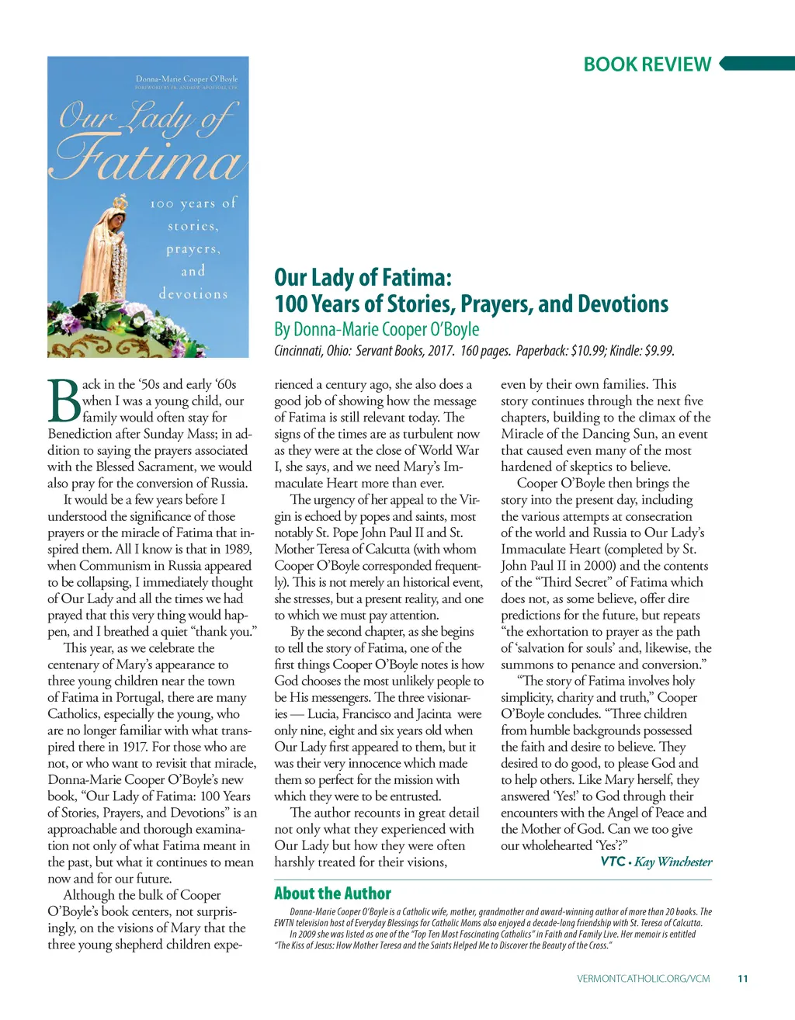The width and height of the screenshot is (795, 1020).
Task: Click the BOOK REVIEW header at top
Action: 647,64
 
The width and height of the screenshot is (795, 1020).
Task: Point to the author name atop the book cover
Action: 186,78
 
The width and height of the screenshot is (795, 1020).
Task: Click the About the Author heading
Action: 332,893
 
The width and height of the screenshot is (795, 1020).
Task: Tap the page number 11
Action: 742,979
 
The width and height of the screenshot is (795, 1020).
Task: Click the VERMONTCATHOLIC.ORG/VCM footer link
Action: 643,979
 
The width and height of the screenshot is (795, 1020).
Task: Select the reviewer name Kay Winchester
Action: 673,862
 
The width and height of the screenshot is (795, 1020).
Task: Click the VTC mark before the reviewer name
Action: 613,862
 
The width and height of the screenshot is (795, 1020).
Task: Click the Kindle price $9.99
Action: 658,351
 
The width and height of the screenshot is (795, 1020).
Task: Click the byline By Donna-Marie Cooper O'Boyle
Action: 377,330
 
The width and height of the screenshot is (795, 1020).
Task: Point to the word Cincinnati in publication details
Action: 299,351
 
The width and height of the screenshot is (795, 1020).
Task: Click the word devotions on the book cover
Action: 193,294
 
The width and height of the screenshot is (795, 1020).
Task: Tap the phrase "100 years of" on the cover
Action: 193,203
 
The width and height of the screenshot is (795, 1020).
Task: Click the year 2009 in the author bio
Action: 311,935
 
